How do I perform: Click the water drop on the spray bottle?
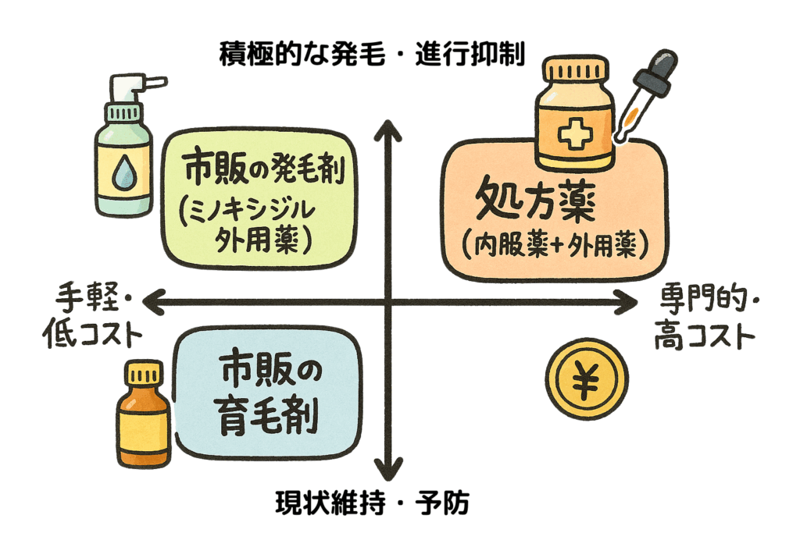point(121,173)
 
